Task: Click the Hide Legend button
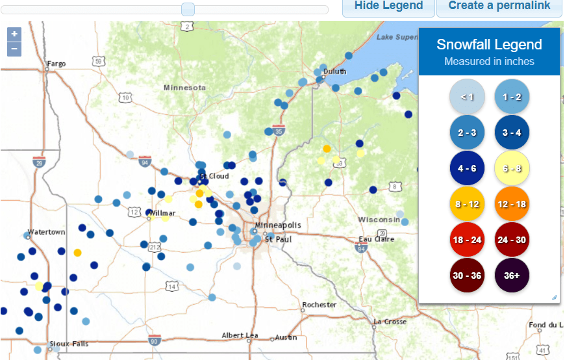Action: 388,6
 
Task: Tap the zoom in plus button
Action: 14,34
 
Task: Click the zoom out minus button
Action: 14,49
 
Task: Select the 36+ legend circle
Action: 512,275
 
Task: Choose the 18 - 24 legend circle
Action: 467,240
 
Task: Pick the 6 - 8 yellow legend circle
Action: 512,169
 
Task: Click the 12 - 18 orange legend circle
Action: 512,204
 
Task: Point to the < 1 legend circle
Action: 467,97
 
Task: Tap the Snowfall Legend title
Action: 489,45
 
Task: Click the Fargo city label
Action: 56,64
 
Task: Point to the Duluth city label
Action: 335,71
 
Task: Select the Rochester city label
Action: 319,304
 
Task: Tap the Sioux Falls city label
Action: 69,344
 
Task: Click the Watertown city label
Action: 47,232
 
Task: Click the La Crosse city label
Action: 390,322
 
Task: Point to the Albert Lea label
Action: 240,335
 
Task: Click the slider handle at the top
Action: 188,9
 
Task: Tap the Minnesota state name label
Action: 184,88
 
